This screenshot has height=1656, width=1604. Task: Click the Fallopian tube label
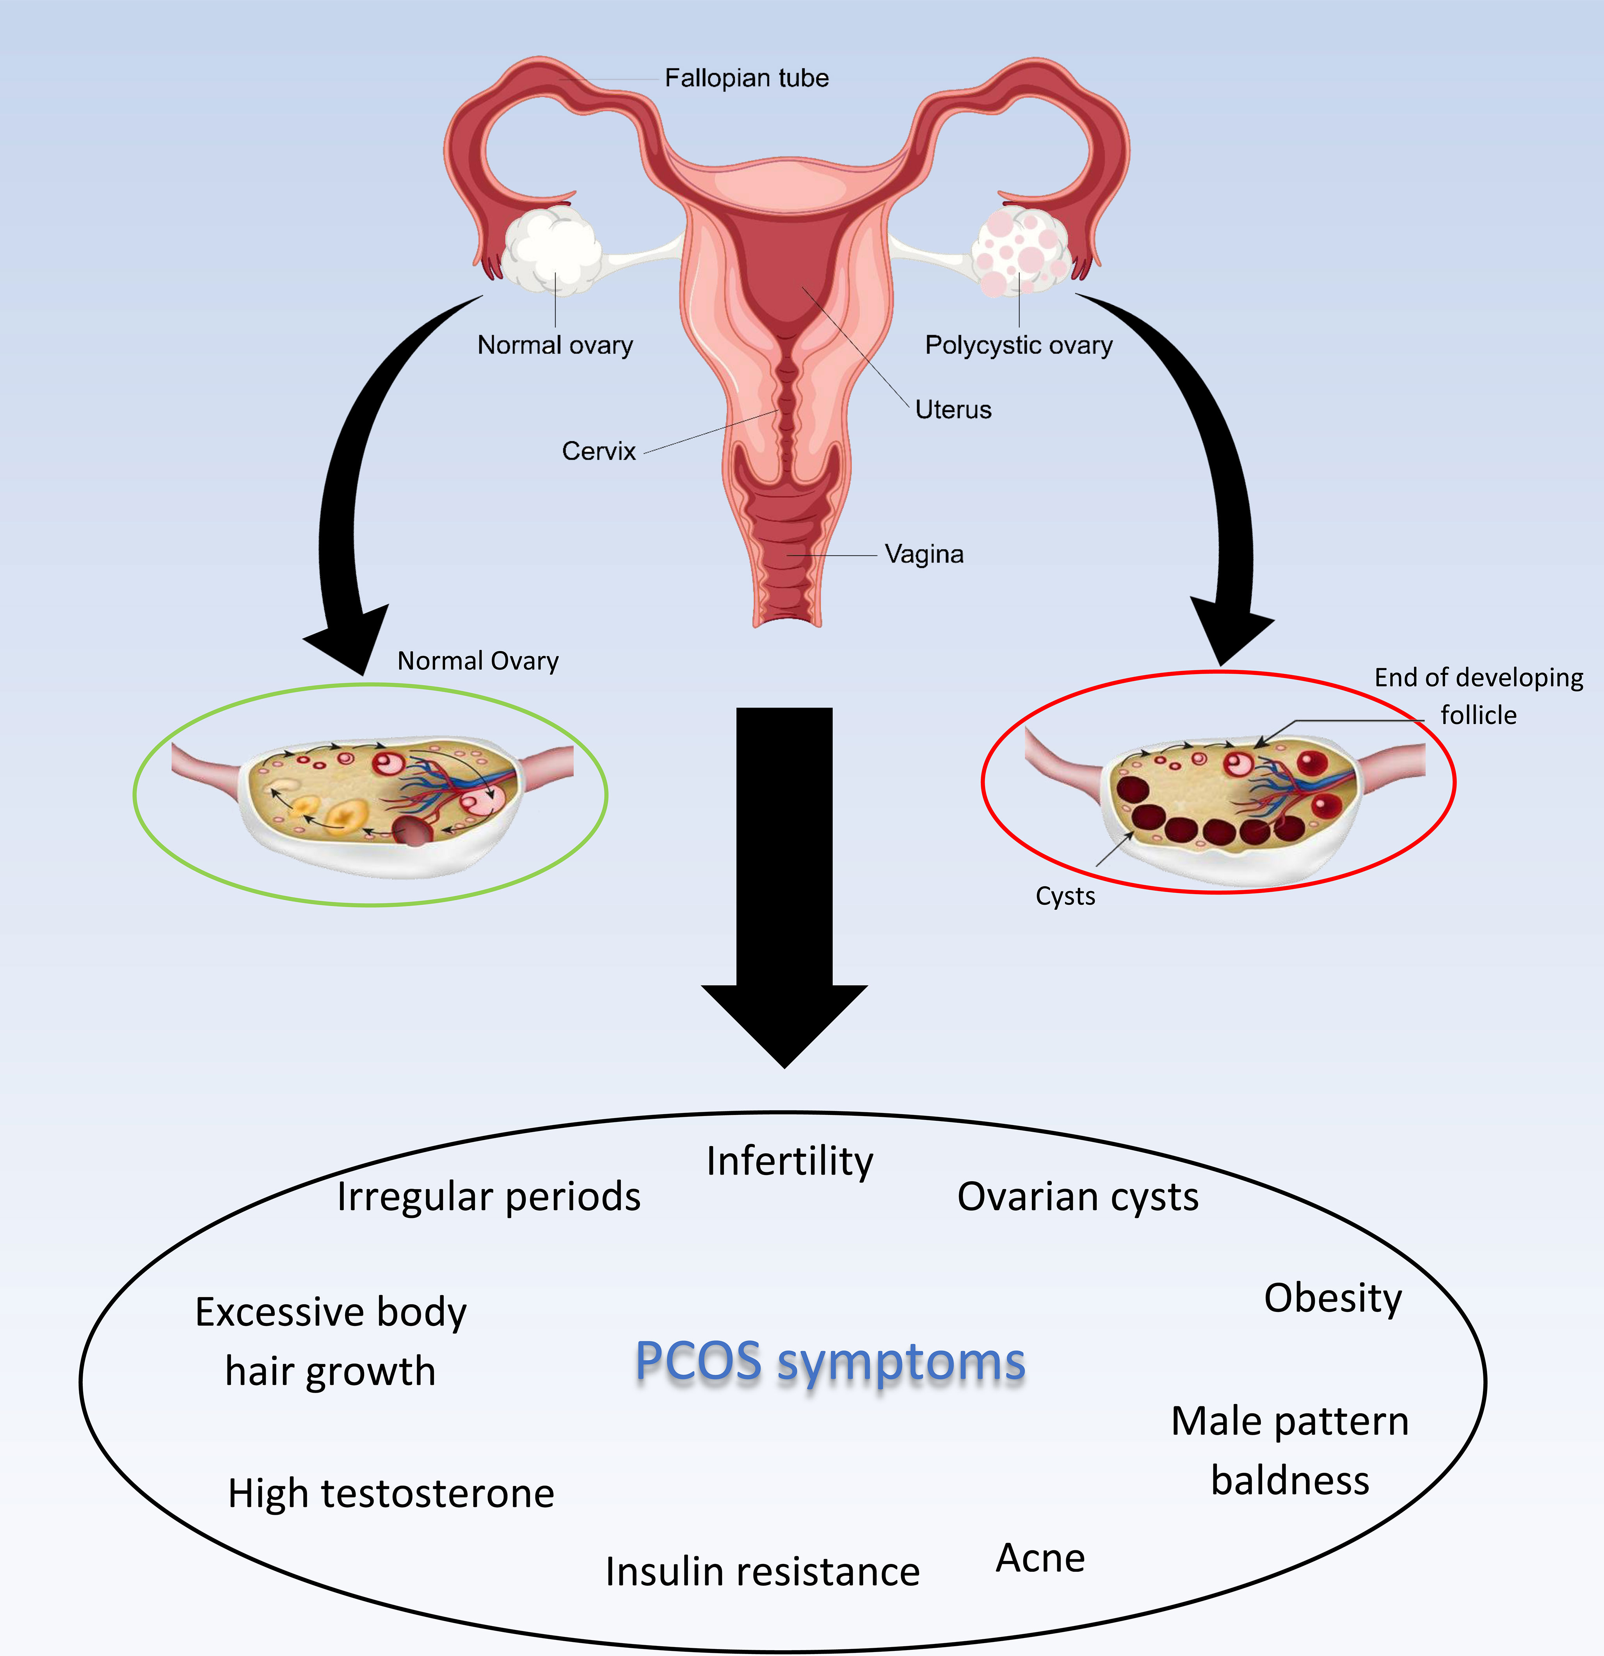[x=746, y=78]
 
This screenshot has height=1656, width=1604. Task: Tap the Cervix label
[x=598, y=451]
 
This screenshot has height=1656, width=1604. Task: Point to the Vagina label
[x=924, y=554]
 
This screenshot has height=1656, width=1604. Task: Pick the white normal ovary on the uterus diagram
[x=552, y=249]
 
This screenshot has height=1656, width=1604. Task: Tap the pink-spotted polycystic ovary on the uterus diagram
[x=1020, y=251]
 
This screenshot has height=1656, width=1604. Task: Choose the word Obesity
[x=1333, y=1298]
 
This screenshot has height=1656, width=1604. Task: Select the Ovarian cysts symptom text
[x=1078, y=1196]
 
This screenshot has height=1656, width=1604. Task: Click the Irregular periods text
[x=489, y=1196]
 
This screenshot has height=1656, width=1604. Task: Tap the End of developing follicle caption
[x=1478, y=695]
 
